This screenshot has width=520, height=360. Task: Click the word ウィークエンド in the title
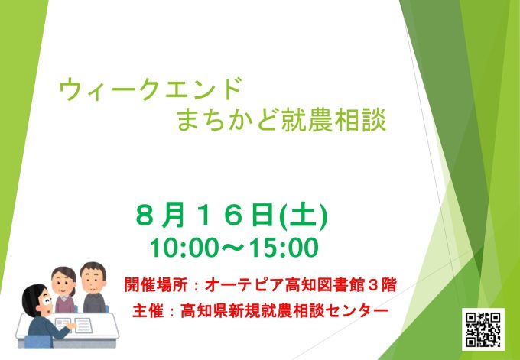pos(150,89)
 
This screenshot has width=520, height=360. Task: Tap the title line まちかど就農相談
pos(281,121)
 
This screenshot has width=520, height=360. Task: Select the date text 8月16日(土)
pos(232,215)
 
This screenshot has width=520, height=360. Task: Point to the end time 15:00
pos(284,248)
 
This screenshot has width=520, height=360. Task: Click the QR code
pos(483,329)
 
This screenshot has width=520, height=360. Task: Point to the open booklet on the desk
pos(73,325)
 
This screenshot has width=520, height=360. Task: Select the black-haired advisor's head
pos(37,300)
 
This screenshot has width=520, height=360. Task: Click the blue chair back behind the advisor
pos(38,342)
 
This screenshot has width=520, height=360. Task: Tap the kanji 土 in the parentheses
pos(304,216)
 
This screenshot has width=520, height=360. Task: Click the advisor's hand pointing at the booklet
pos(71,326)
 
